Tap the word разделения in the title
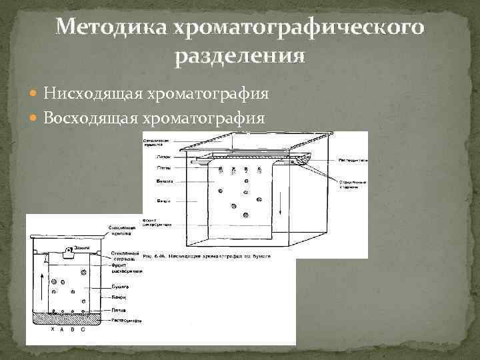(240, 56)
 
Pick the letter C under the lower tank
(83, 329)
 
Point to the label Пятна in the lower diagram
(119, 310)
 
